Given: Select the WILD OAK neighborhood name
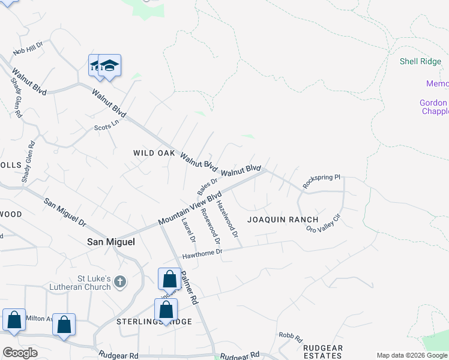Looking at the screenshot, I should coord(154,154).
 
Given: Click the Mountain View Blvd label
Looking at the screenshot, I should coord(190,209).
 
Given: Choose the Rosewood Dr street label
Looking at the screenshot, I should coord(211,226).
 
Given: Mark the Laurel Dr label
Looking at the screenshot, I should coord(188,230).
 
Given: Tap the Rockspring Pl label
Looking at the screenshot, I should coord(322,182).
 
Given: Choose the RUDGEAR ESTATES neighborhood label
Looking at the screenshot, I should coord(322,352).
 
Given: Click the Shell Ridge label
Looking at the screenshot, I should coord(420,61).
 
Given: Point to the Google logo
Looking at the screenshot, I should coord(20,353).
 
